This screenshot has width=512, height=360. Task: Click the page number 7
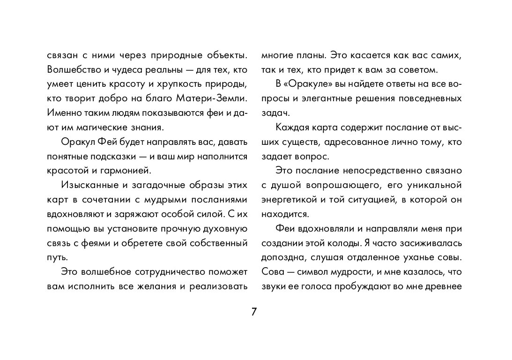click(x=254, y=312)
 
